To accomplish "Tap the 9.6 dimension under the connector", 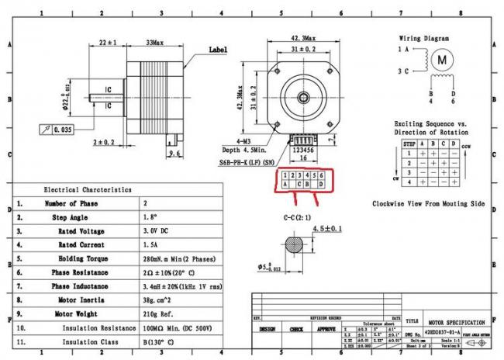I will pos(174,154).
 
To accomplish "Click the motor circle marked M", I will pos(442,59).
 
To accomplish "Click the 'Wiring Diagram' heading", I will pos(425,37).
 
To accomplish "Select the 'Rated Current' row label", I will pos(81,244).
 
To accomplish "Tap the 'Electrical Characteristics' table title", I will pos(87,189).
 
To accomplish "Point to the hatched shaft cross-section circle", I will pos(292,244).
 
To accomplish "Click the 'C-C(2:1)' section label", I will pos(297,217).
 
